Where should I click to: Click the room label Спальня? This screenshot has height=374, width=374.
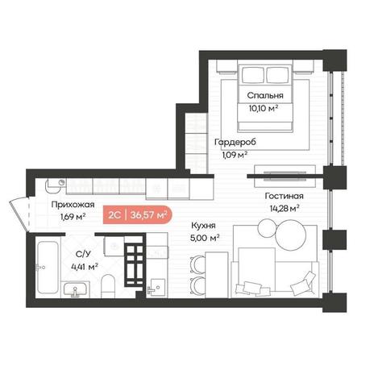(265, 95)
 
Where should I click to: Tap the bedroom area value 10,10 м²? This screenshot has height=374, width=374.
(263, 109)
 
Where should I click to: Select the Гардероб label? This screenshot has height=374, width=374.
(235, 142)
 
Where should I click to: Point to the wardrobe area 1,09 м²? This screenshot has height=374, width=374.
(235, 155)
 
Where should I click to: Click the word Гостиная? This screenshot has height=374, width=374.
(284, 196)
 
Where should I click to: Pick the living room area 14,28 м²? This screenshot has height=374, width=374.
(285, 209)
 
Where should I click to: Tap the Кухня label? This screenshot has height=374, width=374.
(203, 226)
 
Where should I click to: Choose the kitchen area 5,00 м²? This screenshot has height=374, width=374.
(205, 238)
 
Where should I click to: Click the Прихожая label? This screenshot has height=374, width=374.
(73, 205)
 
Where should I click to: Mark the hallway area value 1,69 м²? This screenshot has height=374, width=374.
(73, 217)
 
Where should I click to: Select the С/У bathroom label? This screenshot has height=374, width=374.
(83, 254)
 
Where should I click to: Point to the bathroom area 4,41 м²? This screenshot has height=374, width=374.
(84, 267)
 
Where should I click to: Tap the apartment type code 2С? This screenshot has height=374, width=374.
(114, 215)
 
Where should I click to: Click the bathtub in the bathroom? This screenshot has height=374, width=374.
(48, 268)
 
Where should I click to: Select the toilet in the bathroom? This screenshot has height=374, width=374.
(108, 286)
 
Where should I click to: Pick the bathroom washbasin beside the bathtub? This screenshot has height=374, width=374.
(75, 289)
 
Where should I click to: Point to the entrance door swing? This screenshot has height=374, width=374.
(19, 214)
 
